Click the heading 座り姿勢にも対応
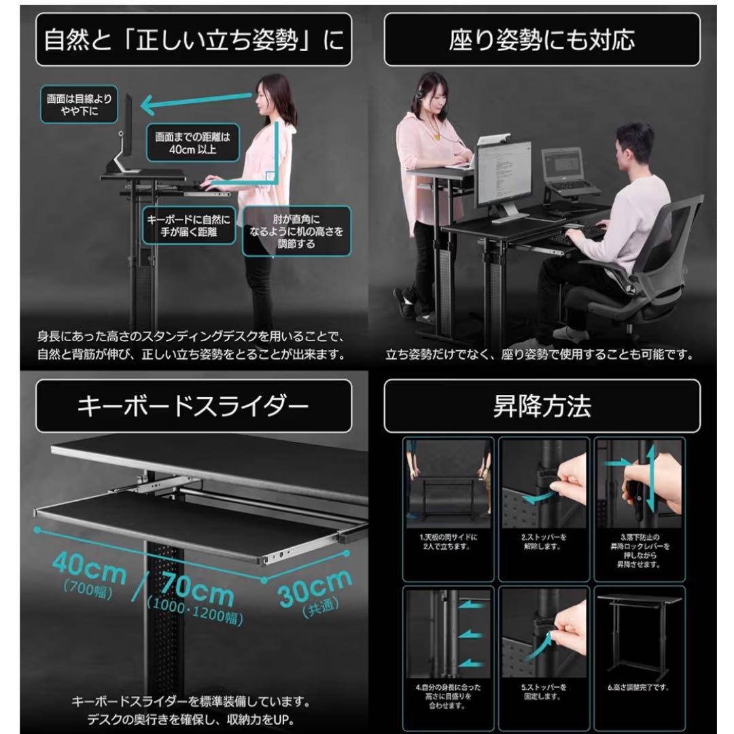point(542,39)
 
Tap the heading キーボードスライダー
point(194,406)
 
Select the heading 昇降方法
point(542,406)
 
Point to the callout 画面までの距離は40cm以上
point(193,142)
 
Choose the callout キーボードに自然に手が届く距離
point(188,226)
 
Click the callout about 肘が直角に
point(297,232)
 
